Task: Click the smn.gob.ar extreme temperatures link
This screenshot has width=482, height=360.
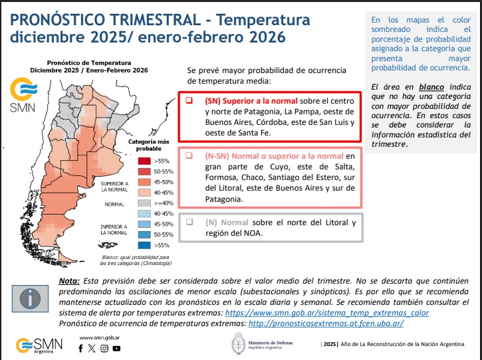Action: pos(326,312)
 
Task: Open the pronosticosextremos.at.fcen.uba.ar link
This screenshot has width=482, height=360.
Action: pos(325,323)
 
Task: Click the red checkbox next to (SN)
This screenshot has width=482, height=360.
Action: pos(189,100)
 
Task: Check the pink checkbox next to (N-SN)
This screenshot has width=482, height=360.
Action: pos(189,156)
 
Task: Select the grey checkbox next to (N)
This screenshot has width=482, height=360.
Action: pos(189,222)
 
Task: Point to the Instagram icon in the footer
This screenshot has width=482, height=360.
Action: pos(104,348)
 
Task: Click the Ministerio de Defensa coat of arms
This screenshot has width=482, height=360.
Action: pos(237,343)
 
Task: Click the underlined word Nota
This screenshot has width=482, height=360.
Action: pos(70,281)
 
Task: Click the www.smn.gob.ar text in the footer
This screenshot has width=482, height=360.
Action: pos(100,337)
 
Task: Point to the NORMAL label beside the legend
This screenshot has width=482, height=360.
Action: pos(114,204)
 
